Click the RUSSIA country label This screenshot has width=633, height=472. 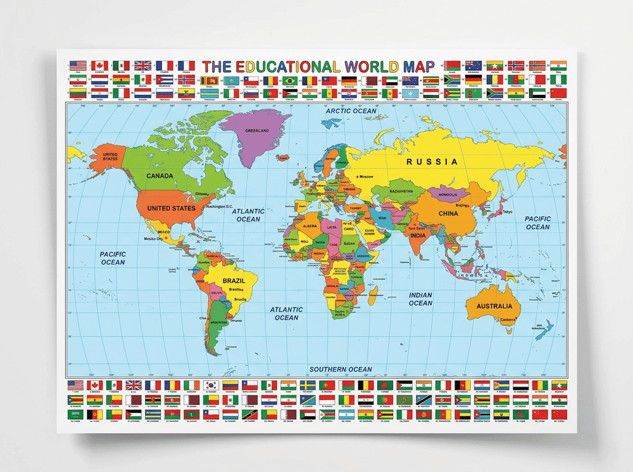tap(432, 162)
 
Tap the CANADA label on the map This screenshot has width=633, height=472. tap(160, 175)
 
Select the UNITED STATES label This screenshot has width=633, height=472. tap(171, 208)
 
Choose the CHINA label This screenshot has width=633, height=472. tap(448, 213)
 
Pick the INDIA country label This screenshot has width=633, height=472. tap(418, 235)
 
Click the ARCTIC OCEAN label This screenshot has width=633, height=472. tap(351, 111)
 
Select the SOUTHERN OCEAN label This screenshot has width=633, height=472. tap(340, 369)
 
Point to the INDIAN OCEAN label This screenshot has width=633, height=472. tap(420, 299)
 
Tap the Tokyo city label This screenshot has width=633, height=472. tap(508, 212)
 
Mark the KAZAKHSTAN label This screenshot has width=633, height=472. tap(401, 190)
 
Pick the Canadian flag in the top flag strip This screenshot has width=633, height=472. tap(99, 66)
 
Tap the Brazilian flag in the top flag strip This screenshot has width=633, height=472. tap(290, 81)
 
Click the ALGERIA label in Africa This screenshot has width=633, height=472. tap(311, 226)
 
